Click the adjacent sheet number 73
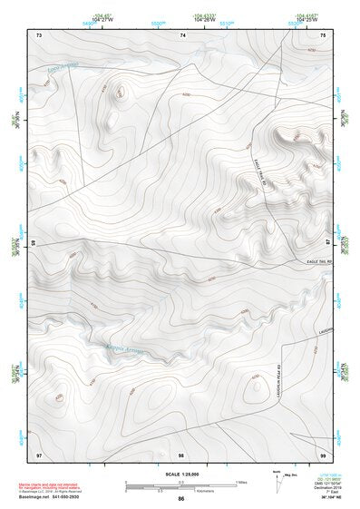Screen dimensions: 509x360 pos(39,34)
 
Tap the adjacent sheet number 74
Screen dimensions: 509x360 pos(182,34)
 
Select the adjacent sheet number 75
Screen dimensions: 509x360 pos(324,34)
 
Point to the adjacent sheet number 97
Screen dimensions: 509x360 pos(39,453)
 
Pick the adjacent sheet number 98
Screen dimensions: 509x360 pos(181,453)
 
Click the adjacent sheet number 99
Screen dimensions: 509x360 pos(323,453)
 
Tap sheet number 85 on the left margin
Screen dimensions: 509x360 pos(34,243)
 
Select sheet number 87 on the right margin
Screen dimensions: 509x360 pos(328,243)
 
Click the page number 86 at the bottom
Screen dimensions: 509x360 pos(181,499)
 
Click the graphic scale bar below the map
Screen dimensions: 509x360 pos(181,485)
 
